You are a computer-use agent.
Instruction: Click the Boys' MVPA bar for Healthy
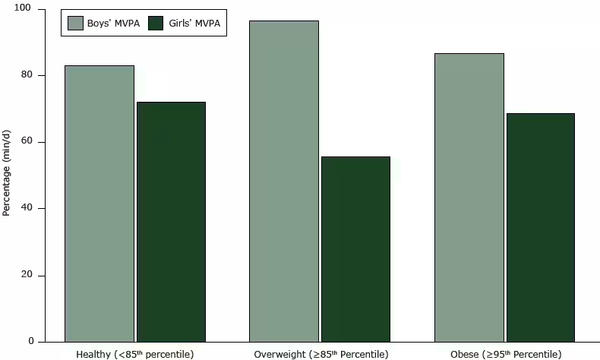point(99,204)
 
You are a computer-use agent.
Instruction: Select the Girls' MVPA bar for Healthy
point(171,222)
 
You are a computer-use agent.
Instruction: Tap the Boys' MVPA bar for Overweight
point(284,181)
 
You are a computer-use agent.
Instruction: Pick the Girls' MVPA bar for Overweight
point(355,249)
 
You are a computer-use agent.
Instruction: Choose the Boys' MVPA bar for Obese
point(469,197)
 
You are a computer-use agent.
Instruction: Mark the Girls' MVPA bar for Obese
point(540,227)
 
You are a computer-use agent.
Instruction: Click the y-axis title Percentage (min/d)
point(7,175)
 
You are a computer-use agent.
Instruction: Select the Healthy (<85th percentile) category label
point(135,354)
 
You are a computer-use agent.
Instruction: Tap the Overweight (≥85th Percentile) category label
point(321,354)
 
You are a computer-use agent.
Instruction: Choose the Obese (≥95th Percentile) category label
point(505,354)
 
